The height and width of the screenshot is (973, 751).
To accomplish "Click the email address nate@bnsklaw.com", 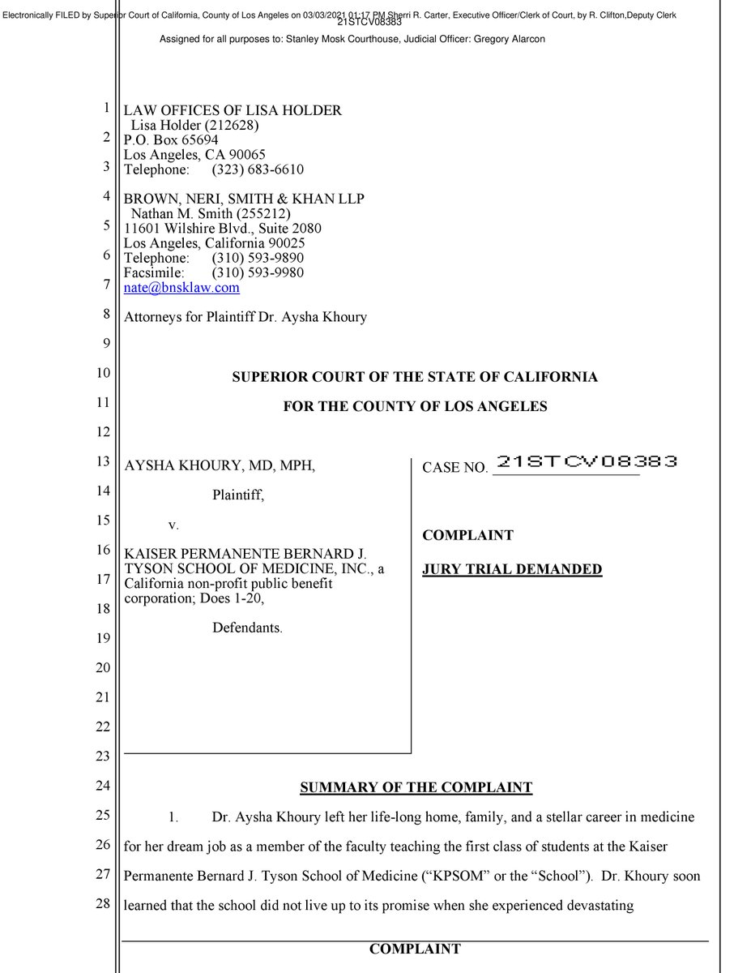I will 181,288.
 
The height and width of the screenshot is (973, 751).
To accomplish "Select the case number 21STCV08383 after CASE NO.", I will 586,463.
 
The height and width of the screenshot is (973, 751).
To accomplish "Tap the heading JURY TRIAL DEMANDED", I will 512,569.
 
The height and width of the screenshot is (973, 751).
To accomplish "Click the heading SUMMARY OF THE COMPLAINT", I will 416,787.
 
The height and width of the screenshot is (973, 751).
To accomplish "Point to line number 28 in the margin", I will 102,904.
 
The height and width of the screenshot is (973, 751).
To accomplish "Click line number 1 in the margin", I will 106,109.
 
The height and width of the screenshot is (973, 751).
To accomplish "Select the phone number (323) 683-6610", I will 258,169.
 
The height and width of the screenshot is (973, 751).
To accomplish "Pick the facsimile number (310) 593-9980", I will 258,272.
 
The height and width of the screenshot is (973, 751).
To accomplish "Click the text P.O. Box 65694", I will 171,139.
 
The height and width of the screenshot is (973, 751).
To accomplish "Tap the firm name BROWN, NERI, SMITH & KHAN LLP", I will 244,199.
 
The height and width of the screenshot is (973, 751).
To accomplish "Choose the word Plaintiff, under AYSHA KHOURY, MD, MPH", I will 239,495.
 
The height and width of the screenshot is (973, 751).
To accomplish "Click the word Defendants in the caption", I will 247,628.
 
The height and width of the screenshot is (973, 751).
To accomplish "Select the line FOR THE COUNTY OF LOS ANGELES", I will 415,406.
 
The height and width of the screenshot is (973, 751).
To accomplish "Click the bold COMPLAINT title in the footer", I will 415,949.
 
